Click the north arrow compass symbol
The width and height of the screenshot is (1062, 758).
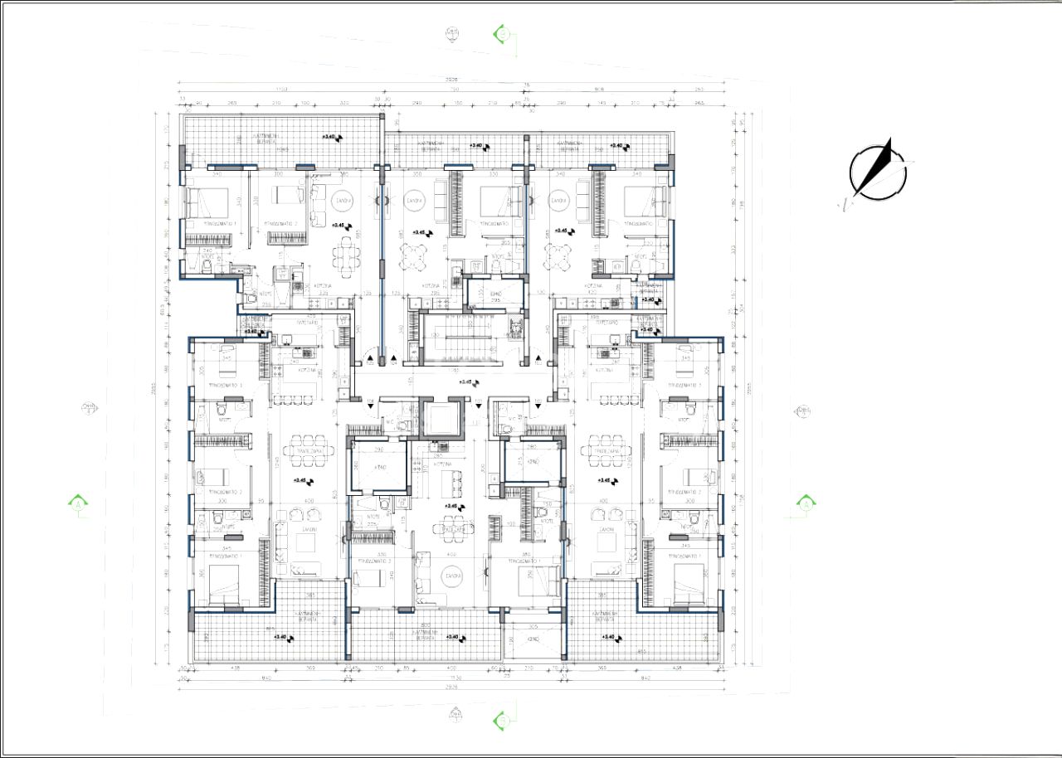(877, 172)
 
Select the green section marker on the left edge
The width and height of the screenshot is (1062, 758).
(76, 503)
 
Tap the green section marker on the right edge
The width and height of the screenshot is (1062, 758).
(805, 503)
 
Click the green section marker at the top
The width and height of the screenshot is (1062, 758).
(501, 33)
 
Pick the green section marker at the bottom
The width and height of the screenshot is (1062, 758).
(501, 720)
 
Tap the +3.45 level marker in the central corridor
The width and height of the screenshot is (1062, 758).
(469, 382)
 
